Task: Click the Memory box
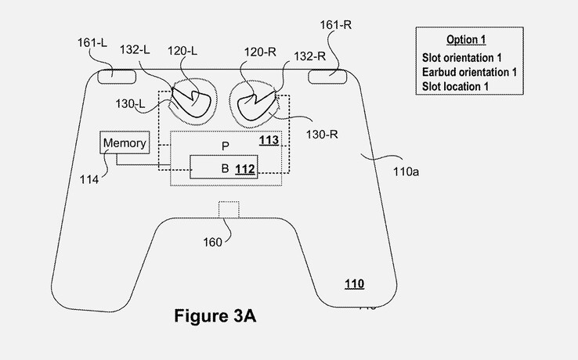[124, 143]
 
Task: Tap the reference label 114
[89, 179]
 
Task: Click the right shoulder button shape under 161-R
[327, 75]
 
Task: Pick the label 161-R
[335, 25]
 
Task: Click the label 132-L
[135, 49]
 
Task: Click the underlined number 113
[268, 140]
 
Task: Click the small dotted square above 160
[228, 210]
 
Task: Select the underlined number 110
[354, 284]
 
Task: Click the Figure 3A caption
[214, 317]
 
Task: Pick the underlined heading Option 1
[461, 39]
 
